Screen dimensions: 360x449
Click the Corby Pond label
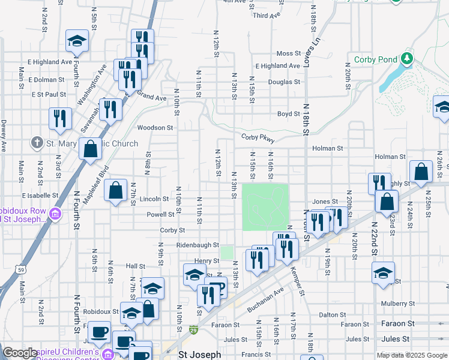click(x=376, y=59)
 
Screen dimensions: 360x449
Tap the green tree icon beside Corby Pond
click(x=408, y=58)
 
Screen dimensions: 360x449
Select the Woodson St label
click(x=155, y=128)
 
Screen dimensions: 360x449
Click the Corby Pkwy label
click(x=258, y=137)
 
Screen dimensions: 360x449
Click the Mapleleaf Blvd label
click(x=97, y=178)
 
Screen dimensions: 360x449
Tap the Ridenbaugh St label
click(x=197, y=245)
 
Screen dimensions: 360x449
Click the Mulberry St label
click(x=398, y=303)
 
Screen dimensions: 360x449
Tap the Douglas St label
click(x=284, y=82)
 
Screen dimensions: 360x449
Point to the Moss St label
click(x=288, y=53)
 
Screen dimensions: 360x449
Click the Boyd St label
click(x=288, y=114)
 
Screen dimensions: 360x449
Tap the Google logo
click(x=20, y=353)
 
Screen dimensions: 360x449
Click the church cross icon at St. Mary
click(x=37, y=143)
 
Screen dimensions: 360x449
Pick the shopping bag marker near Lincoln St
click(x=115, y=191)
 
